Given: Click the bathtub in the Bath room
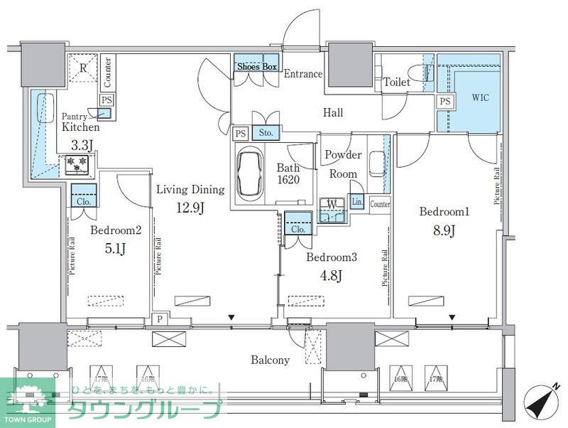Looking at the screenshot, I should [250, 173].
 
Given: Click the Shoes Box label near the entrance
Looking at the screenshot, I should [256, 67].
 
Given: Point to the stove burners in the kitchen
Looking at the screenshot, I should [76, 164].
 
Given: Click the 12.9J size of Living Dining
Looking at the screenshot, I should [190, 208].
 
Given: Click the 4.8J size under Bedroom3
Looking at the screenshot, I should [330, 275].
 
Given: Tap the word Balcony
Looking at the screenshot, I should [270, 360].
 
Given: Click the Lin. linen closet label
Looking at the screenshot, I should [357, 203].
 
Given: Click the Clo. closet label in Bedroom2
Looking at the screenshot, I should [84, 201].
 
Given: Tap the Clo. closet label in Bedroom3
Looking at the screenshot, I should [298, 229].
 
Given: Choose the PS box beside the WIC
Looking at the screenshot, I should [444, 102].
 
